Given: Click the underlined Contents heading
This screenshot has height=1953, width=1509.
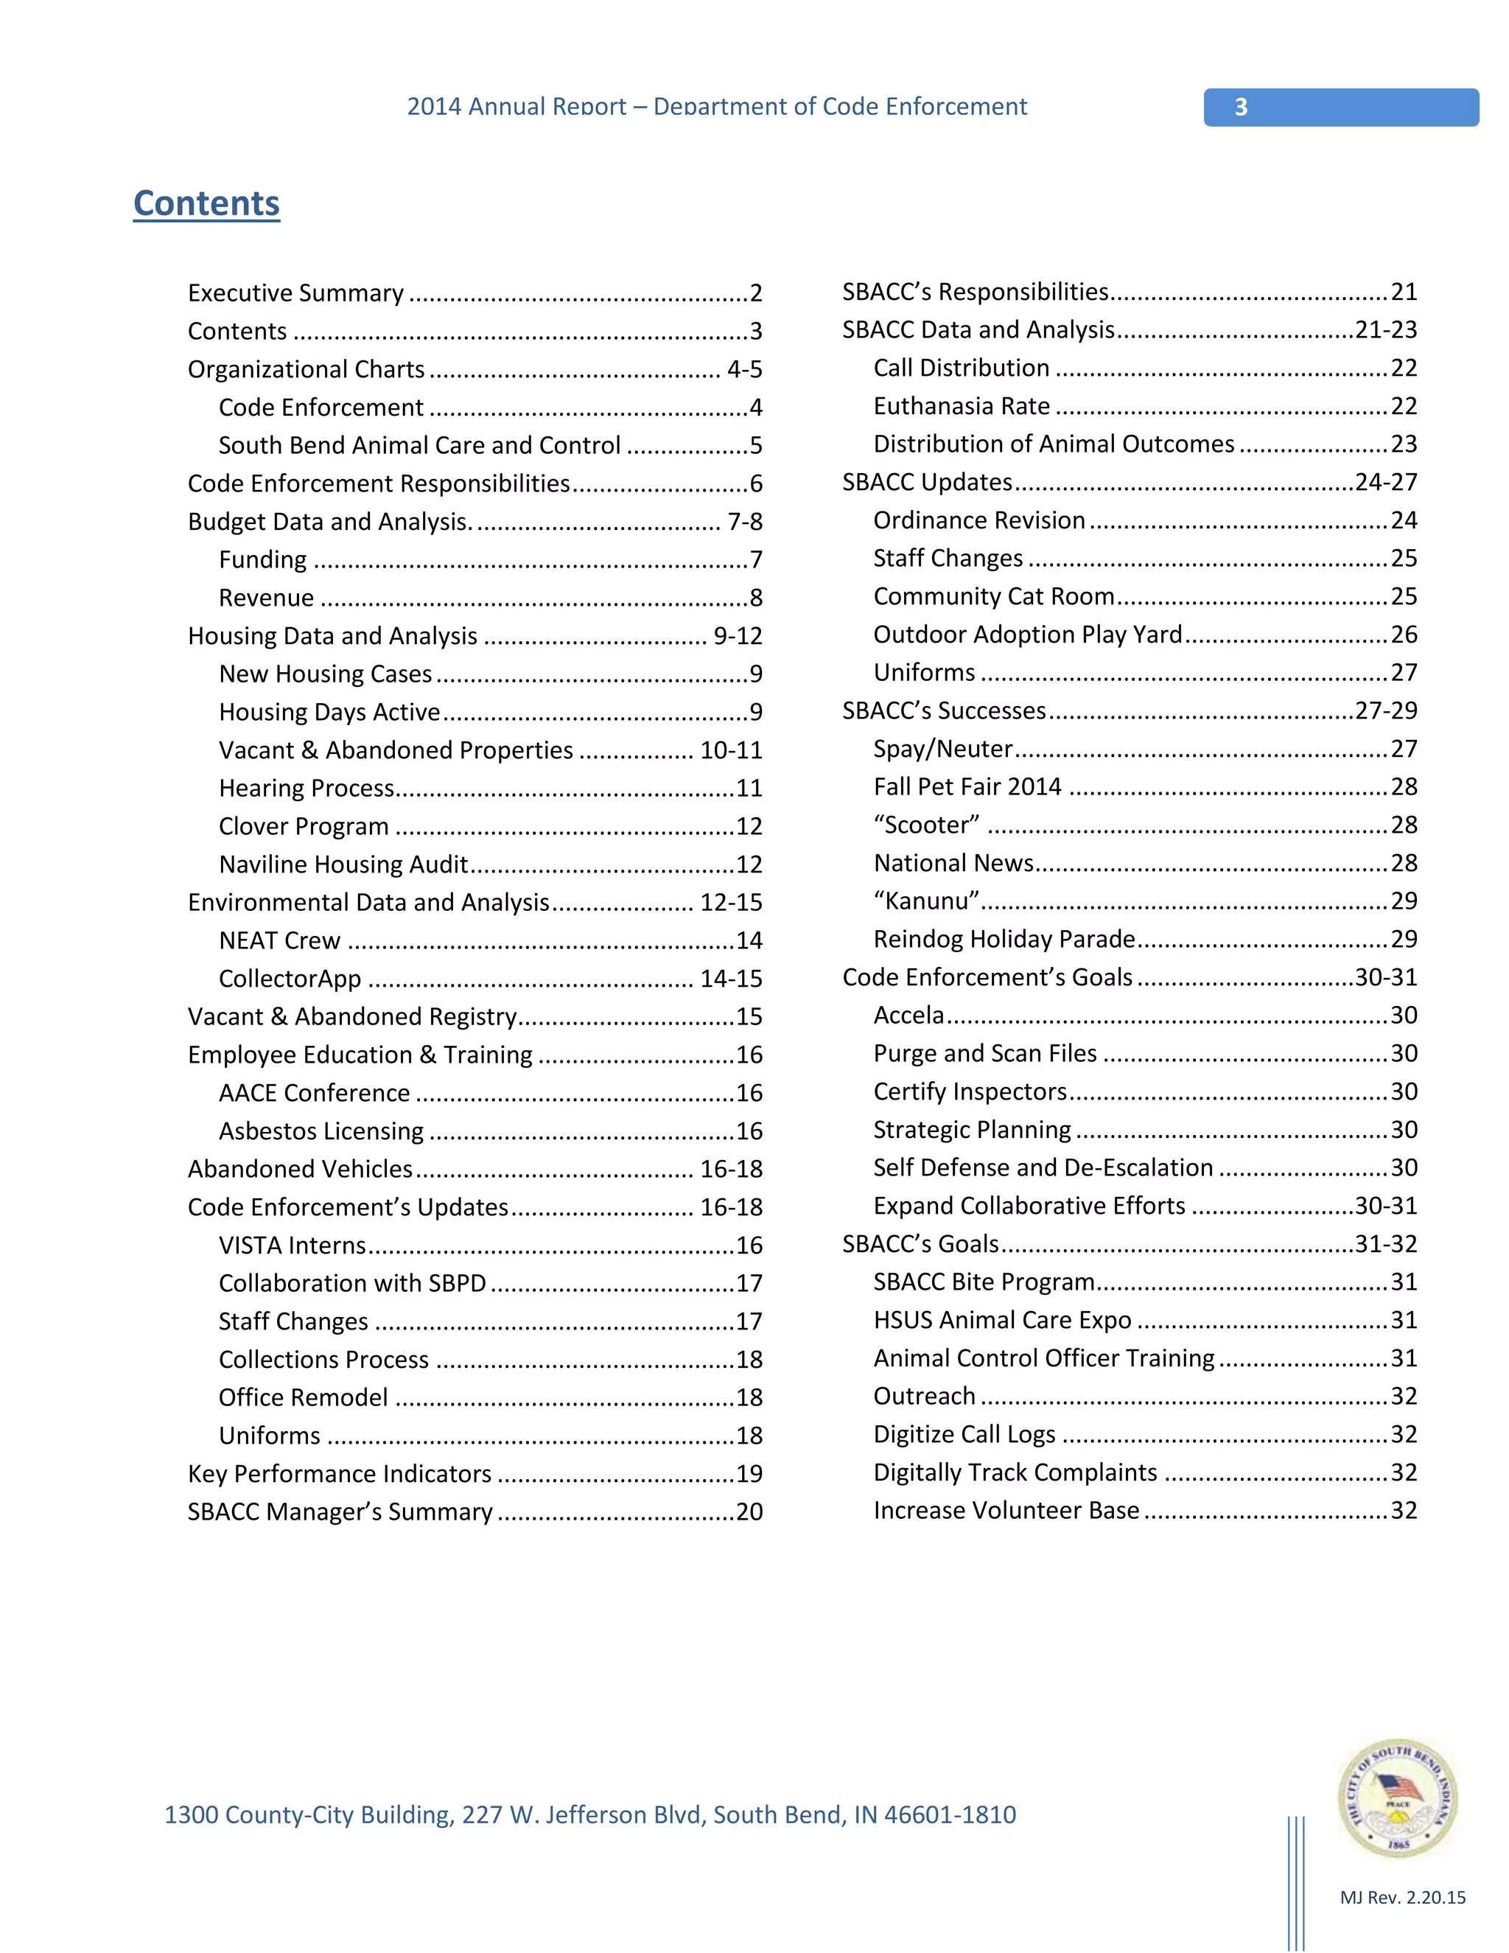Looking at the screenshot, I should (x=206, y=204).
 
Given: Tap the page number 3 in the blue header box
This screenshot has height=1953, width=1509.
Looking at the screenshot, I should (x=1241, y=108).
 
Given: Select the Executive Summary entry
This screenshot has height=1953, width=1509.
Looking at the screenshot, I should (x=296, y=293).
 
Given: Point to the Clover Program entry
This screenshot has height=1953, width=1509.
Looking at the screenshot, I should (x=304, y=826).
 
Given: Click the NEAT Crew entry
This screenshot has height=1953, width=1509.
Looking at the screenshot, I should (x=280, y=940).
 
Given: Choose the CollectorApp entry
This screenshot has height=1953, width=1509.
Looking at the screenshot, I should (x=290, y=979).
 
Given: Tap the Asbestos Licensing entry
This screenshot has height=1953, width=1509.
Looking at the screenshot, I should (x=322, y=1131).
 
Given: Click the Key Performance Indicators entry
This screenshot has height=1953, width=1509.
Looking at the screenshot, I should (x=340, y=1474).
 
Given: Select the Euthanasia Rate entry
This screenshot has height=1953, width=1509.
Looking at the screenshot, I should (x=962, y=406).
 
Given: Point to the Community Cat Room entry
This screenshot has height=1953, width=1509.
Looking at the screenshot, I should (x=994, y=596).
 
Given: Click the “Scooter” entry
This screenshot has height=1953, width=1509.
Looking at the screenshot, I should (x=926, y=825).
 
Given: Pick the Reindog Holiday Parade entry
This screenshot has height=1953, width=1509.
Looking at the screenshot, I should (x=1004, y=939).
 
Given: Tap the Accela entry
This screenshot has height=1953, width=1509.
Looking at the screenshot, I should (x=909, y=1015).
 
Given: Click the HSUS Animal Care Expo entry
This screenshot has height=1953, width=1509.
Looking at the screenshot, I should (x=1002, y=1320).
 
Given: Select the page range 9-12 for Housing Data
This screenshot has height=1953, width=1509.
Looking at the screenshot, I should (x=738, y=636).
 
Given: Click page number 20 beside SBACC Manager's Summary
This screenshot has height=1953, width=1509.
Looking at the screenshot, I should (x=749, y=1512).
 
